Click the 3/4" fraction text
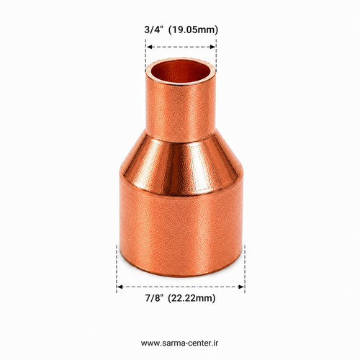[154, 30]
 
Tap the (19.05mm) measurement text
[194, 30]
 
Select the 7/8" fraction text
[154, 298]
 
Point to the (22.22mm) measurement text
[192, 298]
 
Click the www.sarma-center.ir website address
[180, 343]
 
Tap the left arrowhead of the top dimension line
[149, 47]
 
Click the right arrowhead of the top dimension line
[212, 47]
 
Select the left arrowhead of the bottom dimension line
[120, 287]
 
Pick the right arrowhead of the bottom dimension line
[241, 287]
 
